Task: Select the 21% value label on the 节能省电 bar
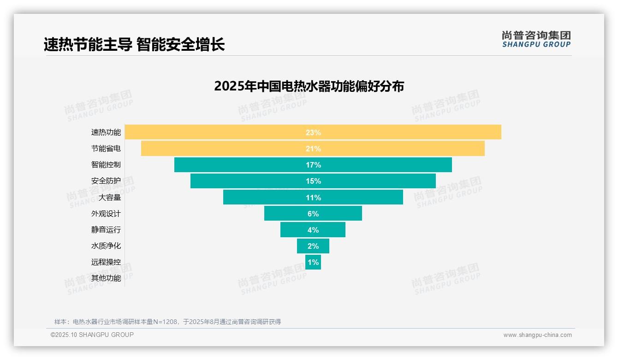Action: tap(313, 149)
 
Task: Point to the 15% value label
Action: tap(313, 181)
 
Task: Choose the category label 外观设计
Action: tap(106, 214)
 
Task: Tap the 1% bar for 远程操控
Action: tap(313, 262)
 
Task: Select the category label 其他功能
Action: tap(106, 278)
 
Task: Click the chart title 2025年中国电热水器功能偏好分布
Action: tap(309, 86)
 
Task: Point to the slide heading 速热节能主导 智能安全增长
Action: tap(134, 45)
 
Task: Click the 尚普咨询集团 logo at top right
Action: tap(536, 39)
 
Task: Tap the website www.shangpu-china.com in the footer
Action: tap(537, 335)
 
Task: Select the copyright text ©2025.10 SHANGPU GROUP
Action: tap(92, 335)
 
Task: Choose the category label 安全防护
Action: tap(106, 181)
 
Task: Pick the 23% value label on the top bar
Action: tap(313, 132)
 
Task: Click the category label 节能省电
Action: tap(106, 149)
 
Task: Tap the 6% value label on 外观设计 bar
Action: tap(313, 214)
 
